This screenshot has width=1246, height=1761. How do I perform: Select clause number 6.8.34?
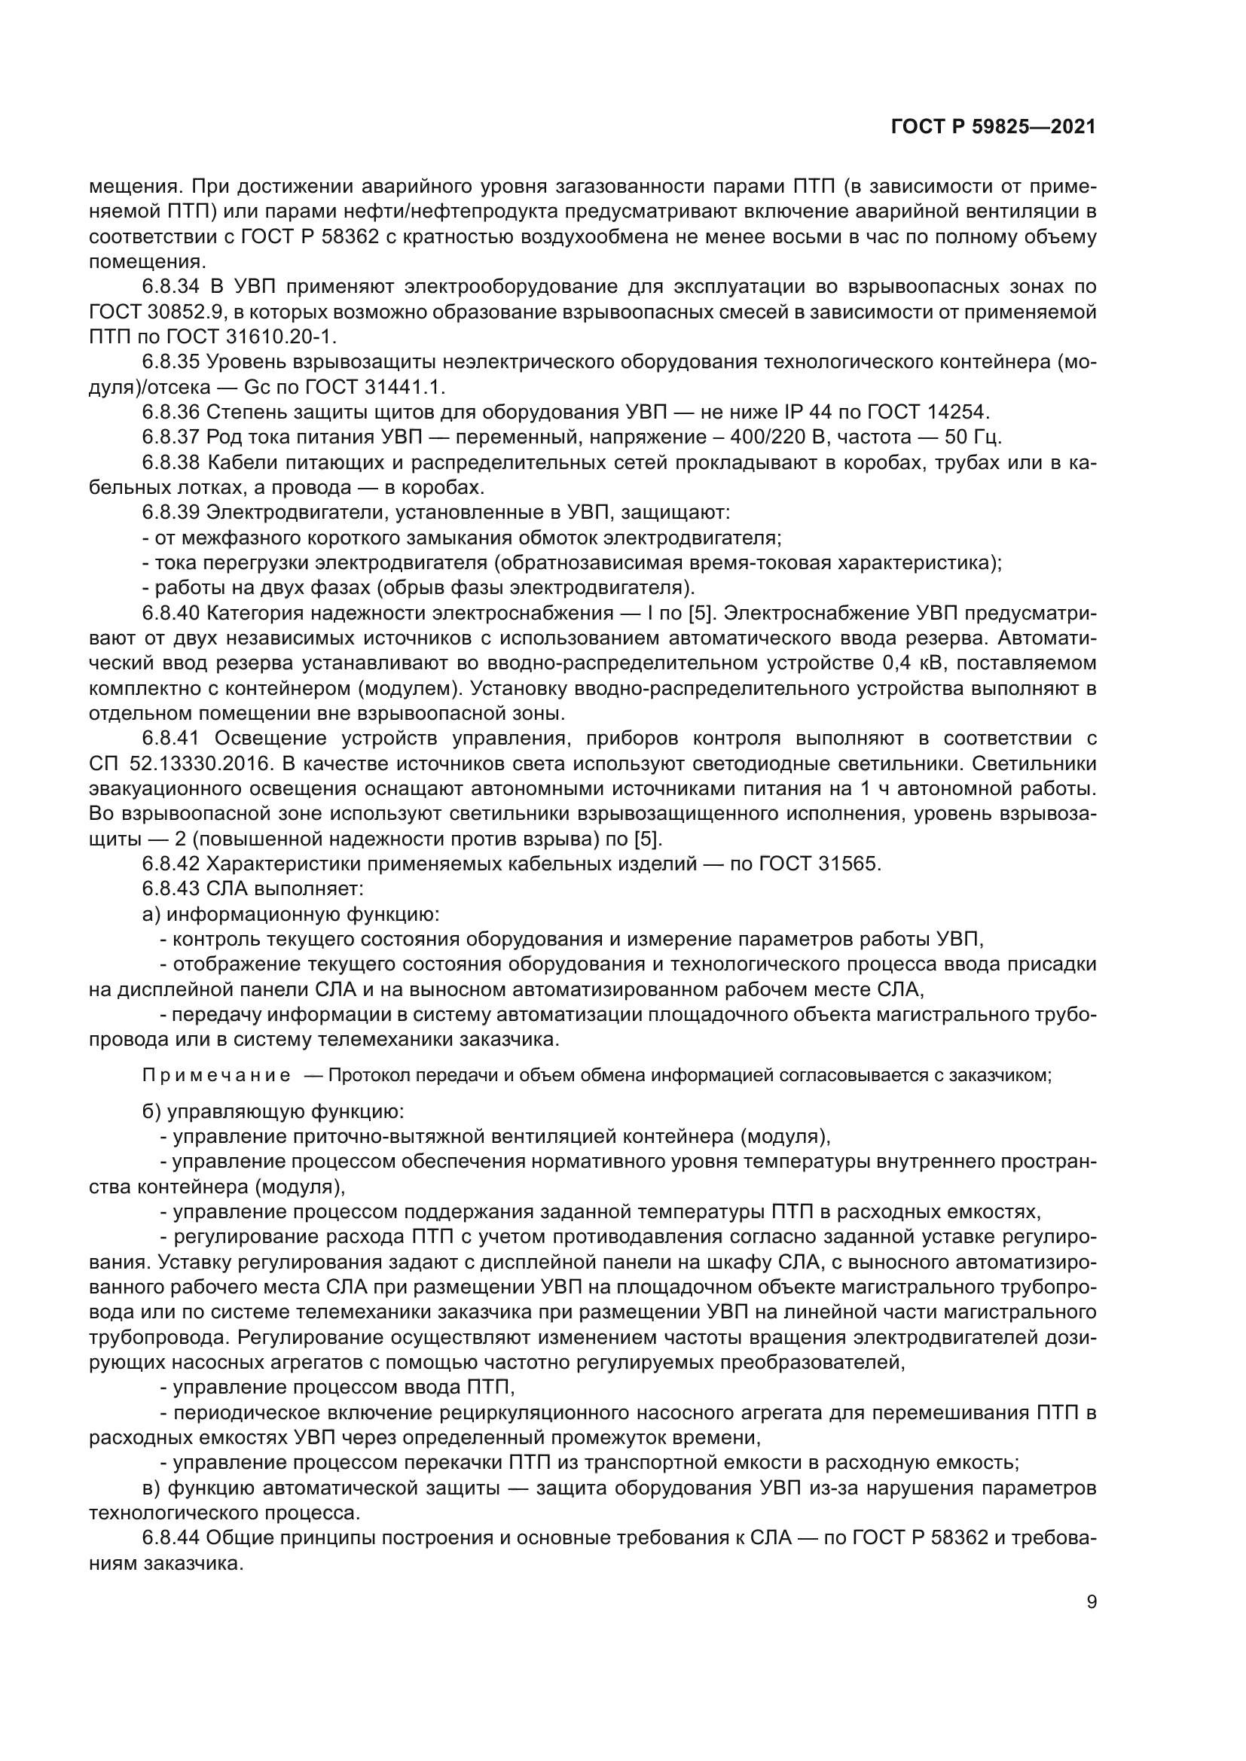[171, 288]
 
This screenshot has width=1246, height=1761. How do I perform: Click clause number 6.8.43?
[171, 890]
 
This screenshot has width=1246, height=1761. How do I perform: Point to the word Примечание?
[216, 1075]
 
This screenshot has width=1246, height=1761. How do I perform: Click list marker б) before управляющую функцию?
[152, 1111]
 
